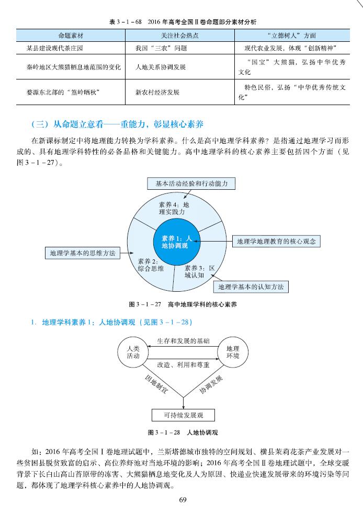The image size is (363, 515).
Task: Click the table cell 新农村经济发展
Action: point(157,92)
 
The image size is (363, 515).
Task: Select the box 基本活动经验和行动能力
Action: point(191,184)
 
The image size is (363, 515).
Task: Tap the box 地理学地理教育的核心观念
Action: point(276,242)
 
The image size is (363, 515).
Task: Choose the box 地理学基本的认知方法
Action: point(251,287)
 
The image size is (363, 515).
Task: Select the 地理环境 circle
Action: point(233,352)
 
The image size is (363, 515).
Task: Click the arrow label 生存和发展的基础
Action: point(183,340)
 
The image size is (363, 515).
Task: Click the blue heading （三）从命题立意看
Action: point(117,124)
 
